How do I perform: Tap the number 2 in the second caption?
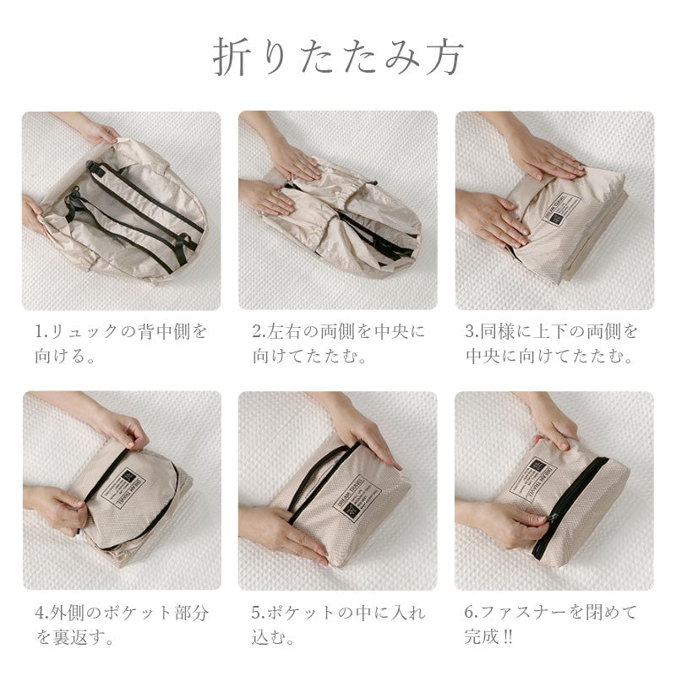pyautogui.click(x=257, y=330)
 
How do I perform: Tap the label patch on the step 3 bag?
pyautogui.click(x=561, y=208)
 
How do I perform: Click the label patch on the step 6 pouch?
pyautogui.click(x=541, y=478)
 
